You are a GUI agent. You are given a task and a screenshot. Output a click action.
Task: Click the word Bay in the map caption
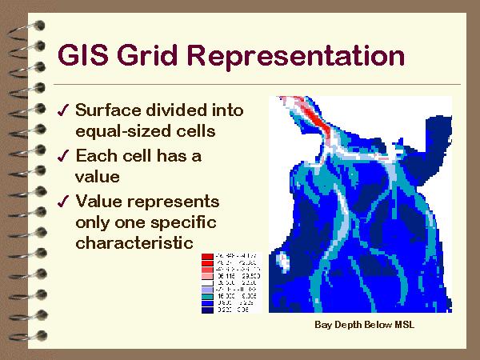point(322,325)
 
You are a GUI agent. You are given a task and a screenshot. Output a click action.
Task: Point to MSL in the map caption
point(402,325)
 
